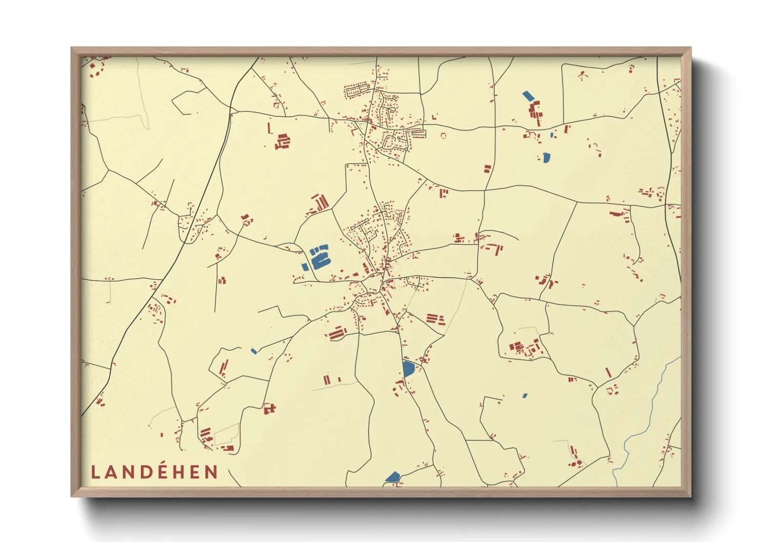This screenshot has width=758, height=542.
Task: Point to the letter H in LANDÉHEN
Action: coord(179,472)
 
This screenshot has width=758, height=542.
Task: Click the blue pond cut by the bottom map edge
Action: coord(393,477)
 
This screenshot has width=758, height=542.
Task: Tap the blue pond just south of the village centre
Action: coord(408,368)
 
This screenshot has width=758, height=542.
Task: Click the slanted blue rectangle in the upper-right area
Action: coord(528,95)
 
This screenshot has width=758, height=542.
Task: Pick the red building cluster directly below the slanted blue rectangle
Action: coord(535,112)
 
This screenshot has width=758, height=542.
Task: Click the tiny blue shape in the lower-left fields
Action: coord(254,351)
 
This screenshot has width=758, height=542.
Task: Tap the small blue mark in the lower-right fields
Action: coord(524,395)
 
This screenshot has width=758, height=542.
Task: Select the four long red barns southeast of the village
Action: coord(434,319)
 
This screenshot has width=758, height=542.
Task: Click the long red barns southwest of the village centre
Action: coord(336,333)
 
